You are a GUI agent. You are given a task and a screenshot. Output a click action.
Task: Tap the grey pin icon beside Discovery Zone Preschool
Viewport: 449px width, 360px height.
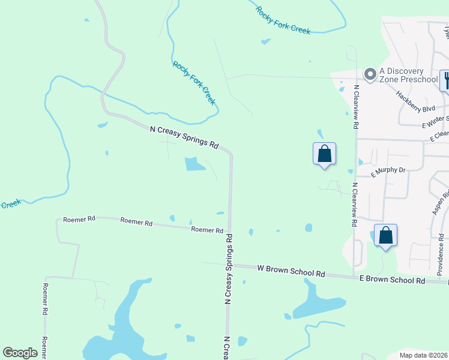pyautogui.click(x=370, y=74)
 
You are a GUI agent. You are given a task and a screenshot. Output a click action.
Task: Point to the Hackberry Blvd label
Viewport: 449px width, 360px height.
pyautogui.click(x=415, y=101)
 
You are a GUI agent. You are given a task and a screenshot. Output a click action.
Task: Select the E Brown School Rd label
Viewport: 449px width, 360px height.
pyautogui.click(x=392, y=279)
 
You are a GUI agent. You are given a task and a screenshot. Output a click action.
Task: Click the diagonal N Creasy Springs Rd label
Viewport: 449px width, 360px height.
pyautogui.click(x=184, y=136)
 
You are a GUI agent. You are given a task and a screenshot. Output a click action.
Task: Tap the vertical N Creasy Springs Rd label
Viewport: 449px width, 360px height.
pyautogui.click(x=229, y=270)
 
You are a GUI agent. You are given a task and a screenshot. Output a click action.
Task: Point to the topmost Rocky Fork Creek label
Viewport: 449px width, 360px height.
pyautogui.click(x=283, y=20)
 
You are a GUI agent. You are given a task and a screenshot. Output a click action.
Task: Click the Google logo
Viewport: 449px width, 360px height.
pyautogui.click(x=20, y=352)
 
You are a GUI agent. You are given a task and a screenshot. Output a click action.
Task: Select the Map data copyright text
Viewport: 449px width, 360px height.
pyautogui.click(x=423, y=355)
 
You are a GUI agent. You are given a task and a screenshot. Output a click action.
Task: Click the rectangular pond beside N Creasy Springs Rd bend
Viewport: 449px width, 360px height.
pyautogui.click(x=194, y=163)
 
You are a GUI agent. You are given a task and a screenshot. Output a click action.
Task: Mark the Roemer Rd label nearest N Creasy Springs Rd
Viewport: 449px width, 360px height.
pyautogui.click(x=207, y=230)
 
